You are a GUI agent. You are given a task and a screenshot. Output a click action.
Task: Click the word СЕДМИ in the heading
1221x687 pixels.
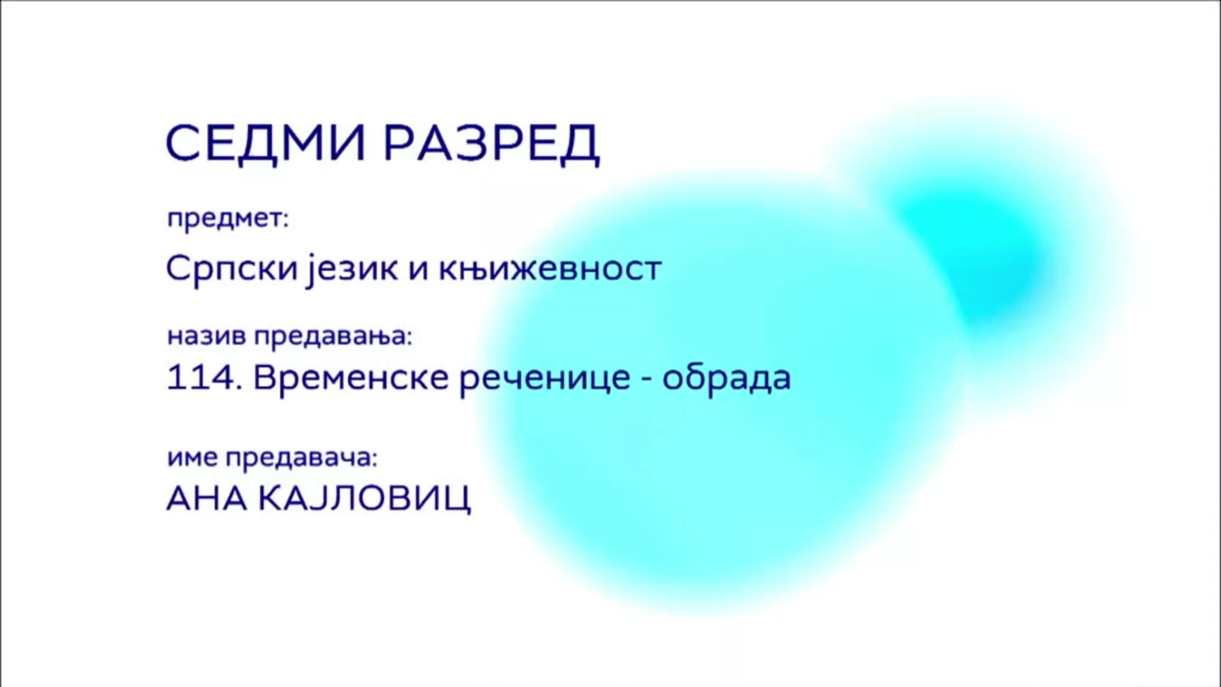click(x=265, y=142)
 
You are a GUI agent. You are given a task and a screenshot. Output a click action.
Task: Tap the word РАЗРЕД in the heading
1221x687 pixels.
click(x=492, y=144)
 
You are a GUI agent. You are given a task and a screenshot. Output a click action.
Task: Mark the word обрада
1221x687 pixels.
click(x=727, y=378)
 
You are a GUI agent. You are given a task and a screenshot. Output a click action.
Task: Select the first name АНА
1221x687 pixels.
click(x=207, y=499)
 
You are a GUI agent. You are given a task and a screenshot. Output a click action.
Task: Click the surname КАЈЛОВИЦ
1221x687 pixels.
click(x=364, y=499)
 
